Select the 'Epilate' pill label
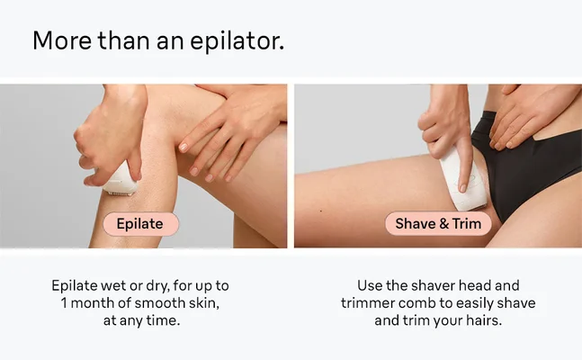(x=141, y=224)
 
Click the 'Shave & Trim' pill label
(x=438, y=224)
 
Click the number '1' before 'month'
(x=65, y=302)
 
